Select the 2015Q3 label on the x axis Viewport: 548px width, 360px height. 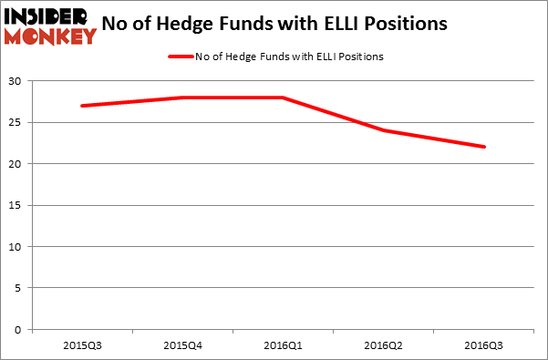click(82, 346)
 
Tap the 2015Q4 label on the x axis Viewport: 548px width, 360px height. click(182, 346)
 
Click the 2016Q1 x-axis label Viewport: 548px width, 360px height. click(283, 346)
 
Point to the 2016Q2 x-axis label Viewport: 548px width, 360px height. click(383, 346)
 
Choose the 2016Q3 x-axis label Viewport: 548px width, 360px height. click(483, 346)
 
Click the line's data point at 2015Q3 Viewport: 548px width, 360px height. click(82, 106)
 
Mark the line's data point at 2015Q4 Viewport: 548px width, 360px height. click(182, 98)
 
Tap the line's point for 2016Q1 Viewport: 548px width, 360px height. click(283, 98)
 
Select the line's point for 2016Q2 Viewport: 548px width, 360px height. click(383, 130)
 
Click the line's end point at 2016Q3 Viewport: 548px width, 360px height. click(483, 147)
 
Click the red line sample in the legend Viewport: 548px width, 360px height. click(180, 57)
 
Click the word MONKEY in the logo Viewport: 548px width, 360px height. click(50, 36)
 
